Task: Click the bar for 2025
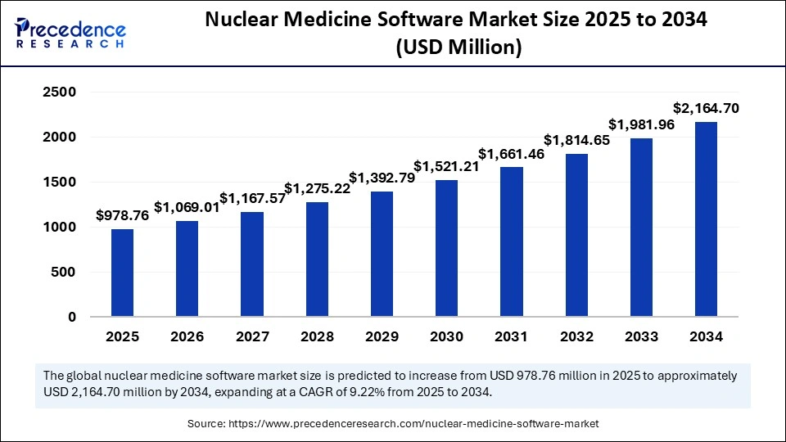point(122,273)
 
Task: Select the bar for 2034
point(706,219)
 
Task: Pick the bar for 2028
point(317,259)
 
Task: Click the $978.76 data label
point(122,216)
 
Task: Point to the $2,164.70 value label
point(706,108)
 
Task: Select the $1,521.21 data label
point(446,167)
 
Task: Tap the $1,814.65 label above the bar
point(576,141)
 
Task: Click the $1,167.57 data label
point(252,199)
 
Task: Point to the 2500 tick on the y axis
point(60,92)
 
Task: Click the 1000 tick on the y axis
point(60,228)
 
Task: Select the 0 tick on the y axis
point(72,317)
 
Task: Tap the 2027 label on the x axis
point(252,336)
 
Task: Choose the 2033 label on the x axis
point(641,336)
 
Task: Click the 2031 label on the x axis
point(511,336)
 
